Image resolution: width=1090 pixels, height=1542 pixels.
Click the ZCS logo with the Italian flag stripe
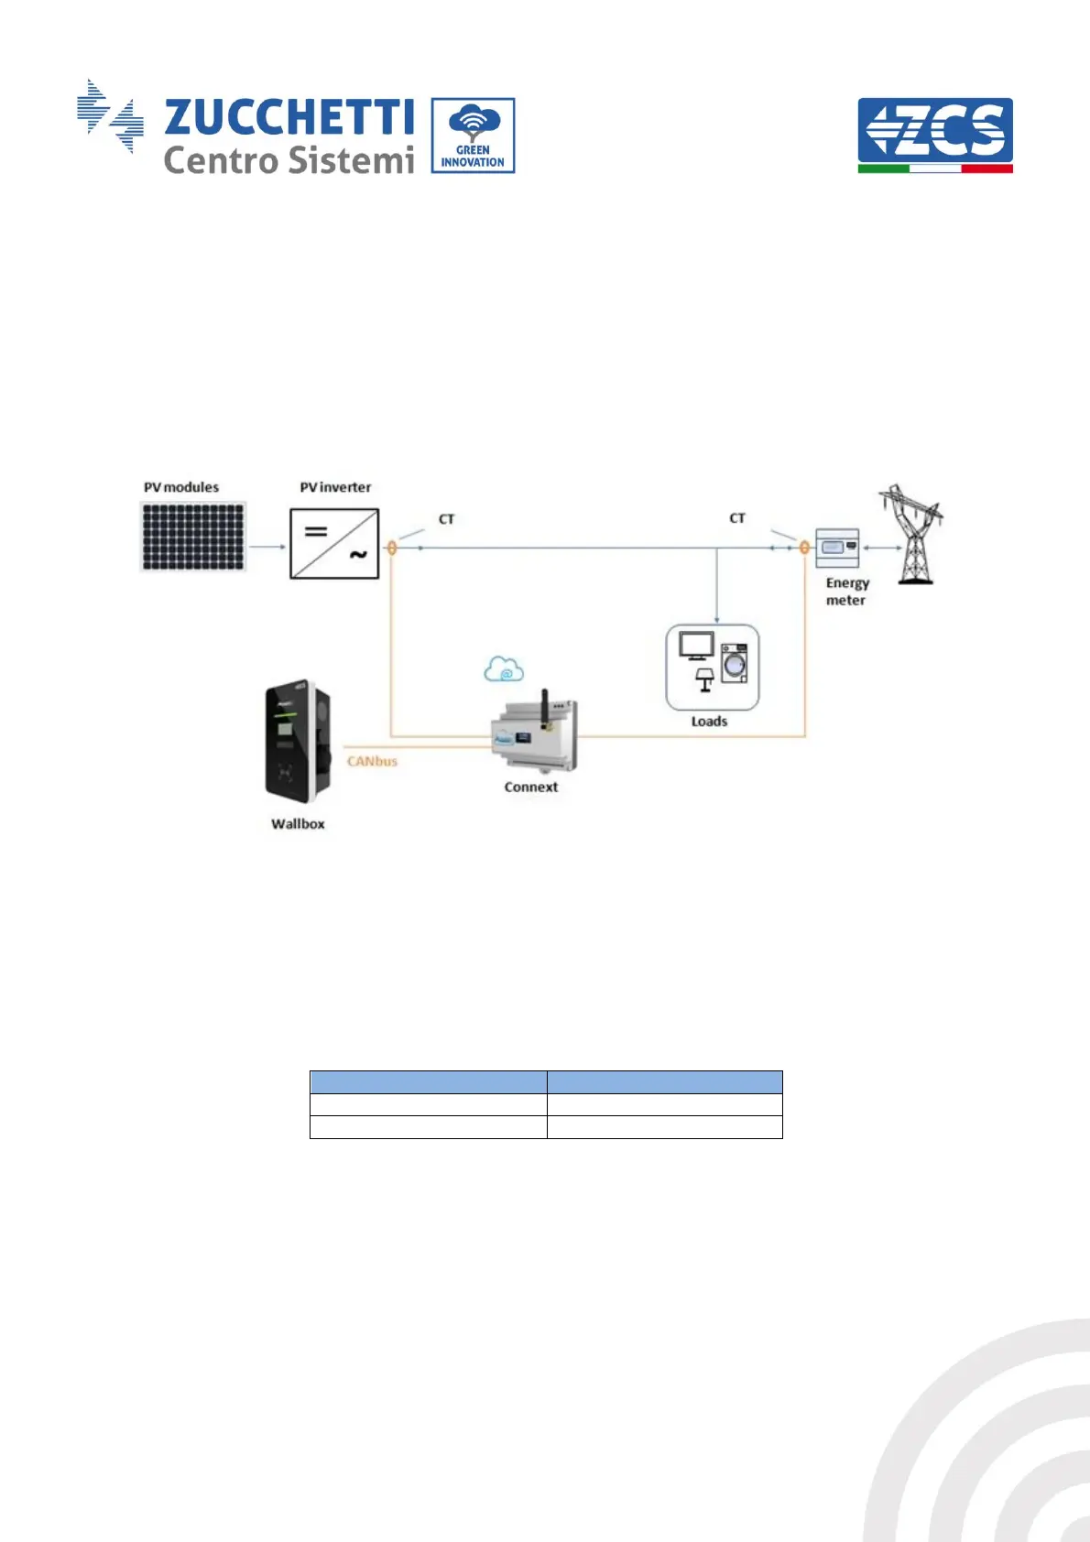[x=934, y=135]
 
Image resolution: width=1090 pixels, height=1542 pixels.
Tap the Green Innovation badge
[x=473, y=136]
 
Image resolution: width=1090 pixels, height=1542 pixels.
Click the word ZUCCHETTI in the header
[x=289, y=117]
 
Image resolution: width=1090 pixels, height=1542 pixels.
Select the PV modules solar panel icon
[x=193, y=538]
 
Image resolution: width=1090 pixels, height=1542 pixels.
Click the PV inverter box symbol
[x=334, y=544]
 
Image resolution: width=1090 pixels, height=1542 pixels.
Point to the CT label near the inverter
[x=446, y=519]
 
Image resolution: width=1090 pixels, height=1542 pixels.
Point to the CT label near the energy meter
[x=736, y=518]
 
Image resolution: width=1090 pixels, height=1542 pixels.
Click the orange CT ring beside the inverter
[x=392, y=548]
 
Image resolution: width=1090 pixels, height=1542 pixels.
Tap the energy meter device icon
[x=837, y=548]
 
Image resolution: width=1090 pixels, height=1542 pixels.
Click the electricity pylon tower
[x=910, y=536]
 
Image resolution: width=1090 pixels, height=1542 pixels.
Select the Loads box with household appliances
[x=712, y=668]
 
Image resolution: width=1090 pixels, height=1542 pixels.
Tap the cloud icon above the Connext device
[x=504, y=670]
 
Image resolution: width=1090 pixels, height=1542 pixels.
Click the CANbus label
[x=372, y=761]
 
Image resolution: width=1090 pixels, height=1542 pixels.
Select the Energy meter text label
[x=846, y=592]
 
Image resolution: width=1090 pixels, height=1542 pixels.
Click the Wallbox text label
[x=298, y=824]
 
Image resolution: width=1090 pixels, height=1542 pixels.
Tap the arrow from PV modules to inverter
[x=267, y=548]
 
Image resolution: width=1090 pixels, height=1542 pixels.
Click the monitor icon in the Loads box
[x=696, y=646]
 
